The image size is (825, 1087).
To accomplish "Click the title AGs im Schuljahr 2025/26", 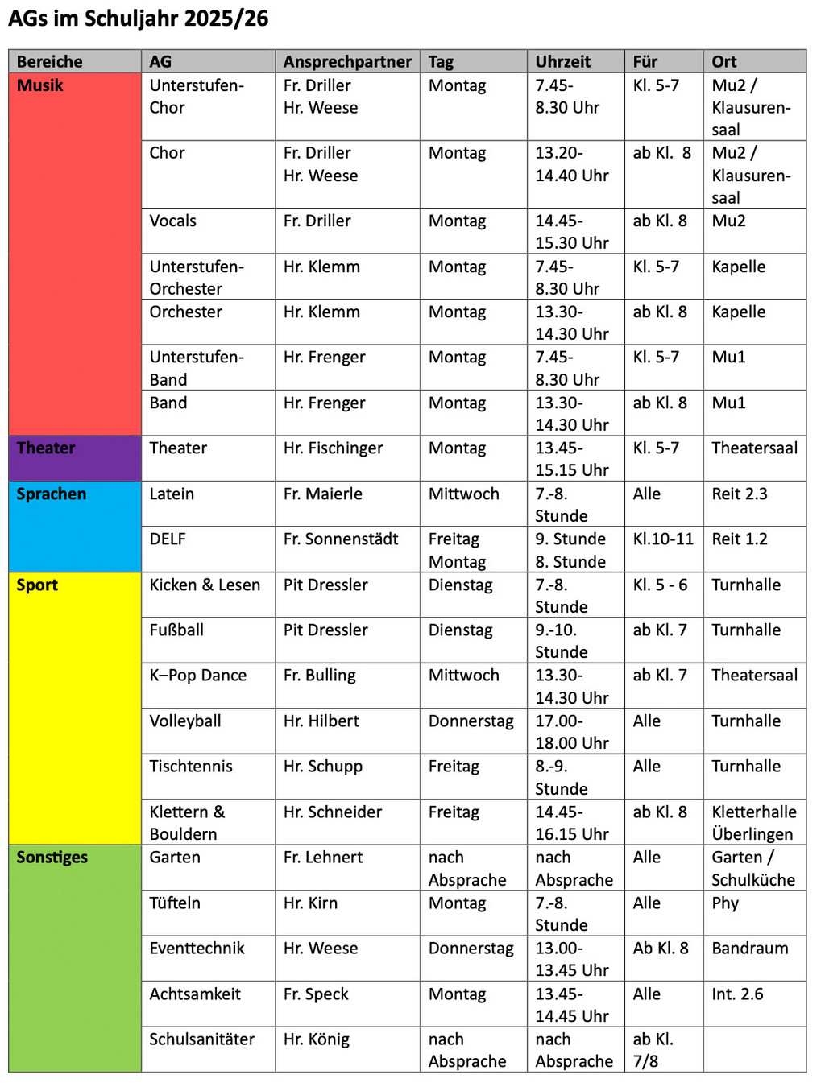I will [138, 19].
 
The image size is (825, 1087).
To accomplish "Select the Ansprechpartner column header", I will [346, 61].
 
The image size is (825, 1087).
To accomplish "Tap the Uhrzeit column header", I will [562, 61].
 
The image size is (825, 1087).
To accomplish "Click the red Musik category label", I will [39, 85].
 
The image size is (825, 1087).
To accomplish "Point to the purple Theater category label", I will [45, 448].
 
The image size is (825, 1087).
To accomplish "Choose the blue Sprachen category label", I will [51, 494].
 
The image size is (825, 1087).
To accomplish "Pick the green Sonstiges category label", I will [52, 858].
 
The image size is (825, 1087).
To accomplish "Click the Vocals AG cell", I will [172, 221].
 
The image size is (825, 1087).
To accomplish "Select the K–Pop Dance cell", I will [197, 676].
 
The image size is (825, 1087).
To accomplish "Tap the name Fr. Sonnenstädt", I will [340, 539].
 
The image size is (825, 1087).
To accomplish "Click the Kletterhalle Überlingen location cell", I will [753, 823].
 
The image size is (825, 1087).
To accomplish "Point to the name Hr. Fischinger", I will [333, 448].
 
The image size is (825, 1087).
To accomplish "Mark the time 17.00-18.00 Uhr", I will [572, 732].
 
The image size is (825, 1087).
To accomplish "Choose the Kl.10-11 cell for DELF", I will [662, 539].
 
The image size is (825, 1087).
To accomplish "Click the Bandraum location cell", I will [749, 949].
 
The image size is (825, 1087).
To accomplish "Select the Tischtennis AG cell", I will [190, 767].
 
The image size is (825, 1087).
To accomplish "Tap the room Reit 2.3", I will [739, 494].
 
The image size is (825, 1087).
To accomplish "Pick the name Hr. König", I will [316, 1039].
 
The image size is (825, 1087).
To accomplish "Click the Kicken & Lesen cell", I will [205, 585].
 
